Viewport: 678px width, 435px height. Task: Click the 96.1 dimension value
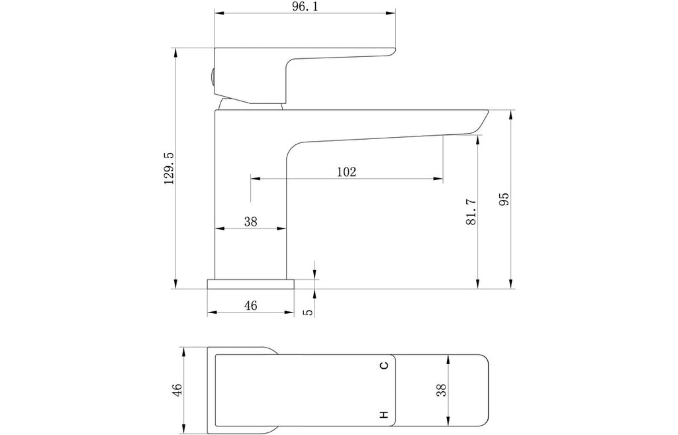pos(305,7)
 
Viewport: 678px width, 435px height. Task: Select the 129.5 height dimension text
pos(169,168)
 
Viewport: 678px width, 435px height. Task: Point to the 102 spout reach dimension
pos(346,171)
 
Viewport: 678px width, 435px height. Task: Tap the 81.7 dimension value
pos(471,211)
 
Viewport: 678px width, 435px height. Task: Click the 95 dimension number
pos(504,199)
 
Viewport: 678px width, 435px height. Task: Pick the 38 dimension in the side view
pos(250,222)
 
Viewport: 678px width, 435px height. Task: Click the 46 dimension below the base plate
pos(250,306)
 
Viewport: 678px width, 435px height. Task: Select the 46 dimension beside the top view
pos(177,389)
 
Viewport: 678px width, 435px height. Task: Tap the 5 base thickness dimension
pos(308,313)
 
